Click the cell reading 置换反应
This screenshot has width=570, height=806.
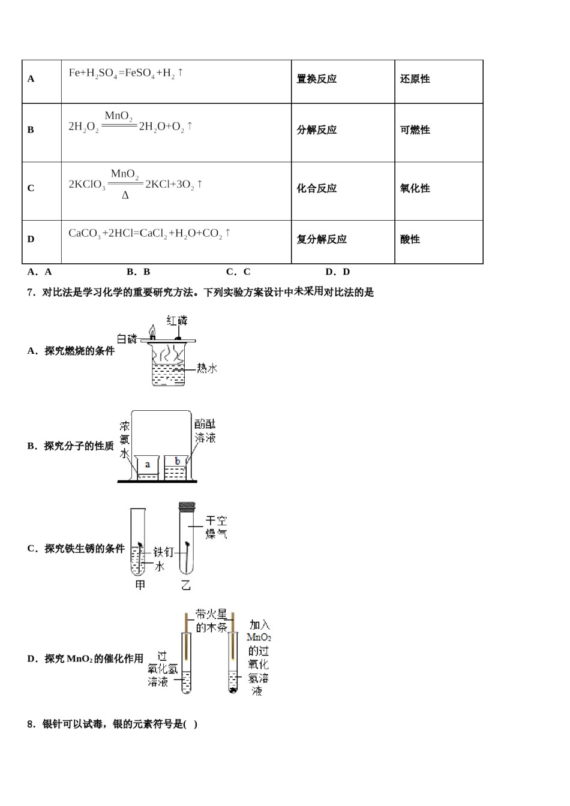(x=317, y=79)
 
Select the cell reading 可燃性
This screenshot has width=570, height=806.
(x=415, y=130)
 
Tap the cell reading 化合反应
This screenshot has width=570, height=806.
(x=317, y=188)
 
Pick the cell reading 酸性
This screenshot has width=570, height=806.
(x=410, y=239)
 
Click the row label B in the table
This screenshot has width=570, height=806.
(x=31, y=130)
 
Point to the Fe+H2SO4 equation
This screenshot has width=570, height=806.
(x=126, y=73)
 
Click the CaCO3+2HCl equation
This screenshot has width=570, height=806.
(x=149, y=233)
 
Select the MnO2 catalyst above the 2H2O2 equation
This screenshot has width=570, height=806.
(x=118, y=116)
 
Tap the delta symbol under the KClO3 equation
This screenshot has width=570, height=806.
(x=125, y=196)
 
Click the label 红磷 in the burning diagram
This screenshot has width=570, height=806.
(x=177, y=320)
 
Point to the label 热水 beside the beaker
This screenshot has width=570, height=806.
(x=207, y=368)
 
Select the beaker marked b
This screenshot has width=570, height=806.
(x=176, y=467)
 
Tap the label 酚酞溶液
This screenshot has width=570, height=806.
(x=205, y=431)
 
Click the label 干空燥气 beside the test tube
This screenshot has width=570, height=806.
(x=216, y=527)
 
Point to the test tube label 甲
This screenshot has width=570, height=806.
(x=140, y=585)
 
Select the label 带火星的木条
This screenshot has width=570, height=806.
(x=211, y=621)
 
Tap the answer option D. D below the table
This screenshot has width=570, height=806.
(x=337, y=272)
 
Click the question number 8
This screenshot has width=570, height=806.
(x=31, y=724)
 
